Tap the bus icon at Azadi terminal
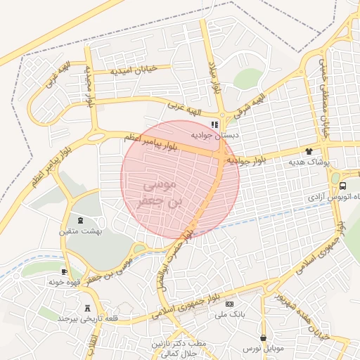click(342, 186)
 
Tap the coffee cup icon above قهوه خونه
click(65, 271)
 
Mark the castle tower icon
click(88, 307)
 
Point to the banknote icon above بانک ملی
click(230, 304)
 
